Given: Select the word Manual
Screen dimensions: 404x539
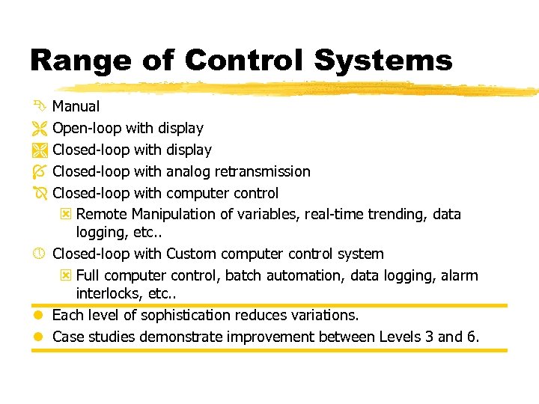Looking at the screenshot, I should (x=76, y=108).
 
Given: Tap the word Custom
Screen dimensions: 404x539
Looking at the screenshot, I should (x=189, y=254).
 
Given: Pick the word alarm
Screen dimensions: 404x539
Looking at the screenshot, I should (x=458, y=275).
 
